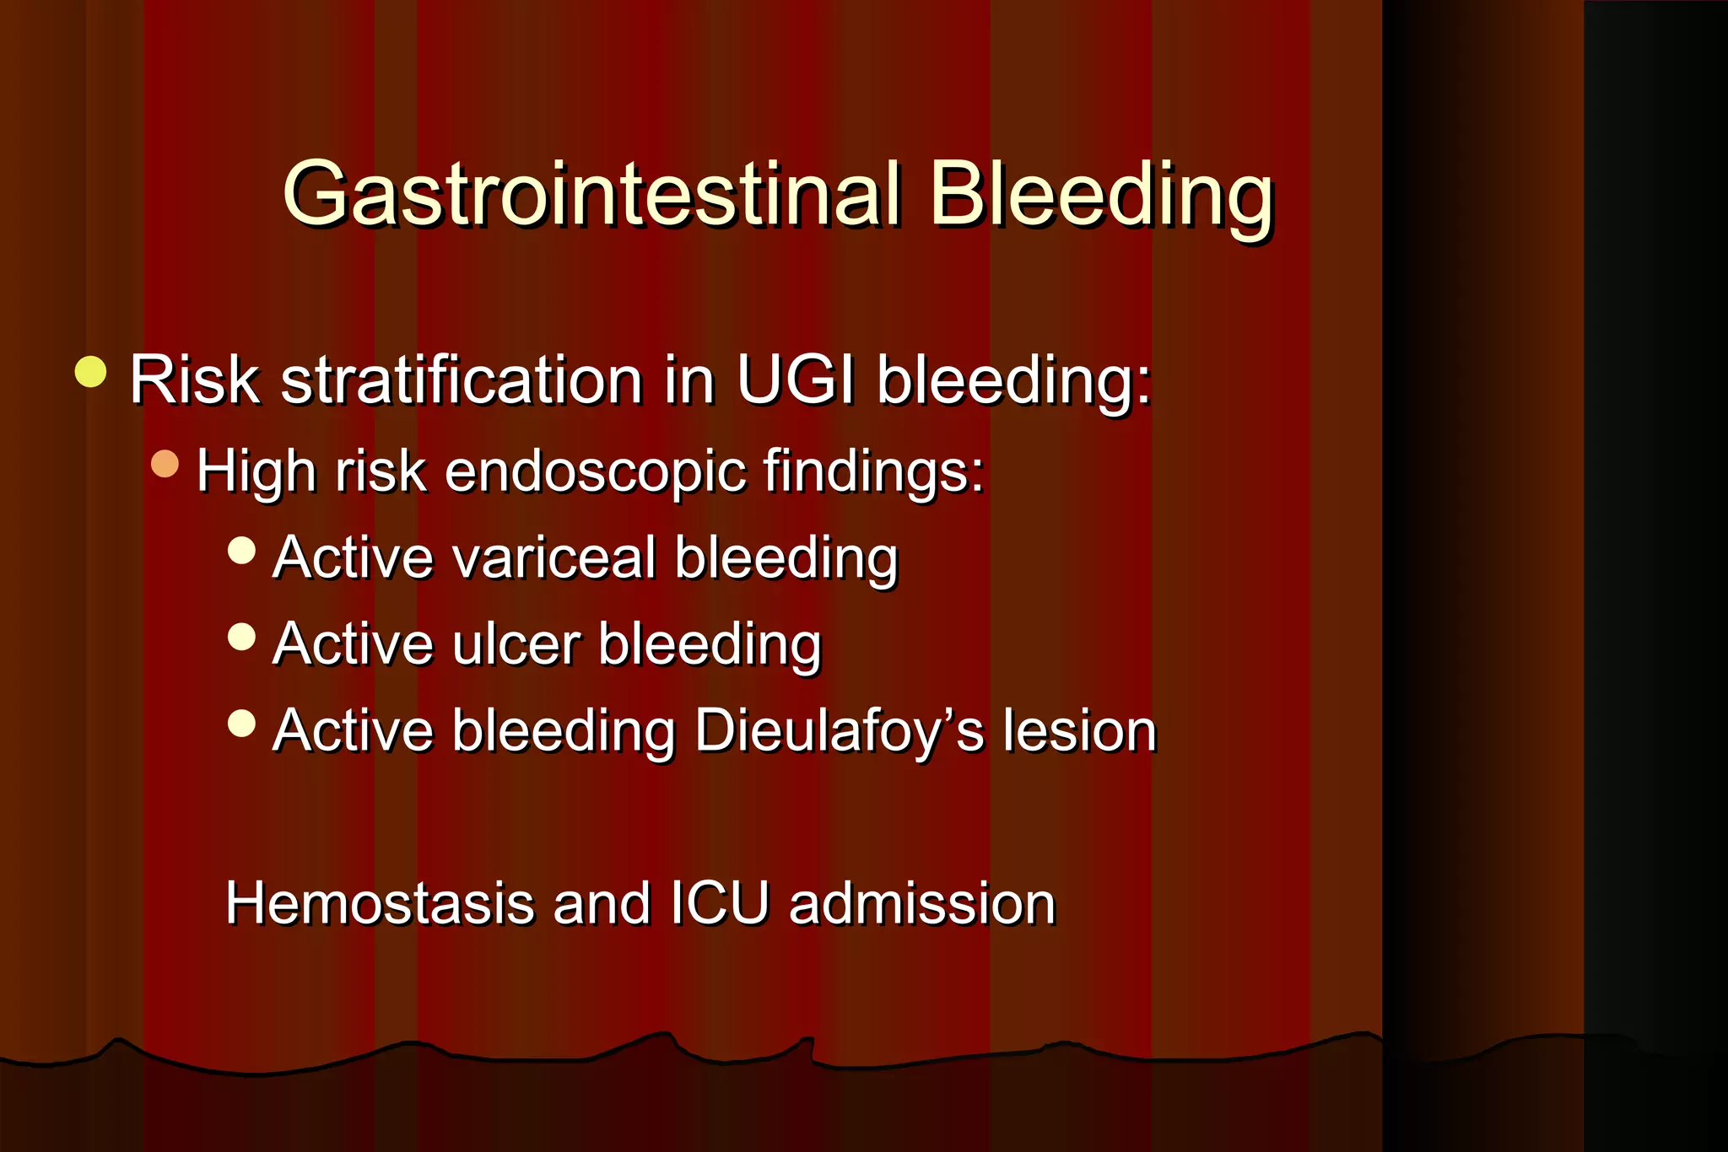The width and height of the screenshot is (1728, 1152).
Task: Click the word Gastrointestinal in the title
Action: [x=591, y=196]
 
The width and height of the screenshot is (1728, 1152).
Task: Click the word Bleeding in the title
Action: [x=1100, y=196]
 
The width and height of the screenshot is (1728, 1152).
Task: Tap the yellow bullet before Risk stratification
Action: [x=90, y=372]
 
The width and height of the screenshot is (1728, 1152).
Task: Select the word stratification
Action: [x=462, y=380]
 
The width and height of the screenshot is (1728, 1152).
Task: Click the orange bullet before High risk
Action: [x=165, y=463]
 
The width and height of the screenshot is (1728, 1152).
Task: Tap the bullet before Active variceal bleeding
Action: [x=242, y=551]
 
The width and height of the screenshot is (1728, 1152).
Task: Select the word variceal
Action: [x=553, y=558]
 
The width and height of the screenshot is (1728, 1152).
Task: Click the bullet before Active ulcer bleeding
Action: [x=242, y=637]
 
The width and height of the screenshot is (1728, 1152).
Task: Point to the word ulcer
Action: [x=516, y=645]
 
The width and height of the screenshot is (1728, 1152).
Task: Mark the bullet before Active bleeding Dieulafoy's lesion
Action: [x=242, y=723]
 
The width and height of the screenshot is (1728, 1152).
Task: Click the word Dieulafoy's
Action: [x=839, y=731]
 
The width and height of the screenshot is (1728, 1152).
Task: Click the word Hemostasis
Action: [x=380, y=904]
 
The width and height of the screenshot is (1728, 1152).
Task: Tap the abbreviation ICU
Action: [x=720, y=904]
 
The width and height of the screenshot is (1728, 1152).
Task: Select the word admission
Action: [x=921, y=904]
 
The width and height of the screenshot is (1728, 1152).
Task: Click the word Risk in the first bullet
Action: [x=194, y=380]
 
